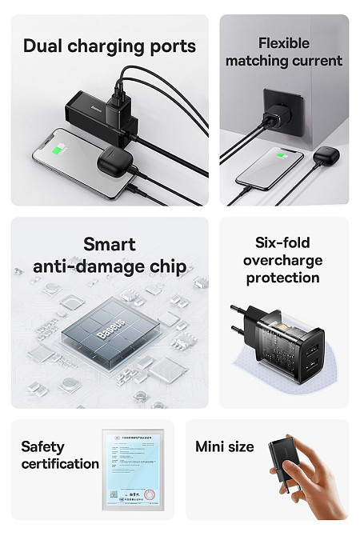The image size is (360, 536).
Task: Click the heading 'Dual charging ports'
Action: pos(110,45)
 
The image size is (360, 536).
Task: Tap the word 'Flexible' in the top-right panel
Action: pos(284,43)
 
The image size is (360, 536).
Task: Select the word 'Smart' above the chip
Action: pos(110,244)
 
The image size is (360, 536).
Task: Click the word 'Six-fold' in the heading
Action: pos(282,242)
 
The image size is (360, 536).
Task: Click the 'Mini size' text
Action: pos(225,446)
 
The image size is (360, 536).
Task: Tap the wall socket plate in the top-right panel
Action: pos(285,109)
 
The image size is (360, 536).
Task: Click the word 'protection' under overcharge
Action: pos(282,278)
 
